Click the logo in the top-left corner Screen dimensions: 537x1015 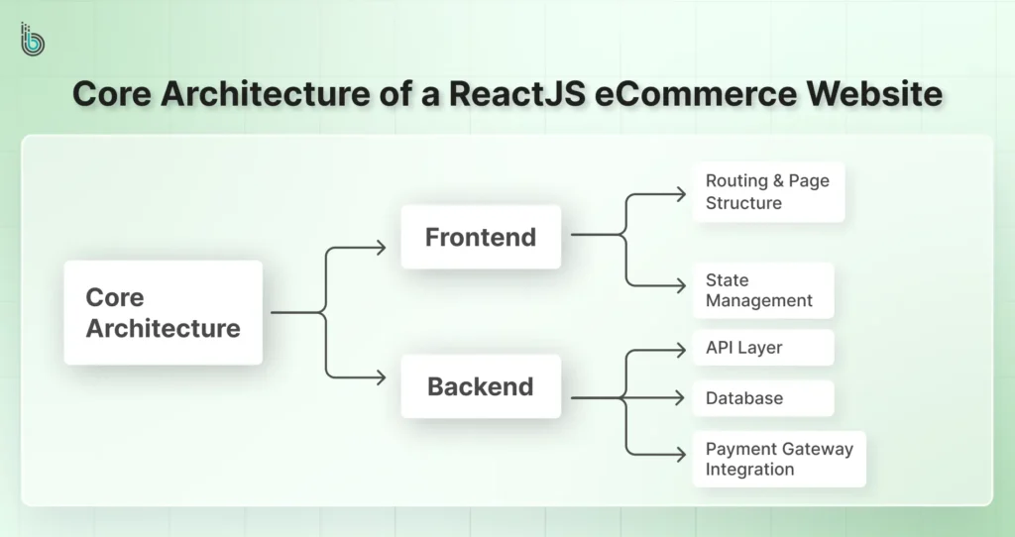point(33,39)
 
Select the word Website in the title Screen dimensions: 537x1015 point(875,95)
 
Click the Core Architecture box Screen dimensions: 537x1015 point(164,312)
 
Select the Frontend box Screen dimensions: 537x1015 point(481,237)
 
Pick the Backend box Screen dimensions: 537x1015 point(481,386)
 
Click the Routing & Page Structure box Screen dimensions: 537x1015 point(768,192)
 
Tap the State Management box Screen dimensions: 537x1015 point(762,290)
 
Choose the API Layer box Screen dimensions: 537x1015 point(762,348)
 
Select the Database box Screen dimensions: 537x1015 point(762,398)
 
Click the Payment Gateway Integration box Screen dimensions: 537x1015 point(779,459)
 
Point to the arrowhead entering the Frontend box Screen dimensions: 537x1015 point(381,248)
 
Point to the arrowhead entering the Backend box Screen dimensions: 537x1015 point(381,376)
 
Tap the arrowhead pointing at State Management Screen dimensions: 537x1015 point(681,285)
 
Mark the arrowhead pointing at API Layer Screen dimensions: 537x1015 point(681,348)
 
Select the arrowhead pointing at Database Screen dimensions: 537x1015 point(681,398)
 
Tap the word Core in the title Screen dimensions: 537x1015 point(112,95)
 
